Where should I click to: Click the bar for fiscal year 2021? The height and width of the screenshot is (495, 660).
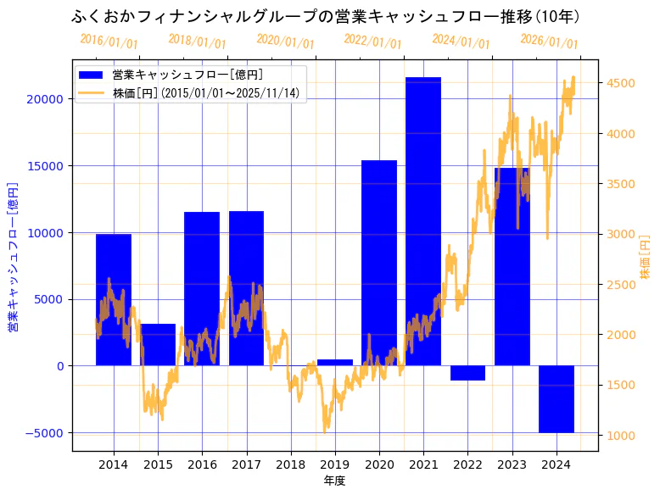click(423, 220)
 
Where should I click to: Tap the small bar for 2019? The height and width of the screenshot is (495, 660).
click(335, 362)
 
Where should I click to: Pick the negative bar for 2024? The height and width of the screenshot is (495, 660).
click(557, 398)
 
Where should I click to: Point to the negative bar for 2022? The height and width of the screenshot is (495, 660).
click(467, 373)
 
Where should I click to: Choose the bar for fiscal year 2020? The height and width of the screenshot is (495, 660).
click(379, 263)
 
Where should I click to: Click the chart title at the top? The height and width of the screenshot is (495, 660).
click(327, 17)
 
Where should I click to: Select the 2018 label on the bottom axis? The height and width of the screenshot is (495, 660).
click(291, 464)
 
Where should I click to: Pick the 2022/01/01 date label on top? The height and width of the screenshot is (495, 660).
click(372, 42)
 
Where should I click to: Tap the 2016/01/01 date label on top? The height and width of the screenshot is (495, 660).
click(109, 41)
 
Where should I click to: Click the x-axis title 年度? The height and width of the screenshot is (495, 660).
click(334, 481)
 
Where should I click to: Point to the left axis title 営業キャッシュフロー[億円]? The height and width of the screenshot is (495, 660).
click(14, 257)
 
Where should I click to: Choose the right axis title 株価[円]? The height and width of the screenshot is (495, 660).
click(645, 258)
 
